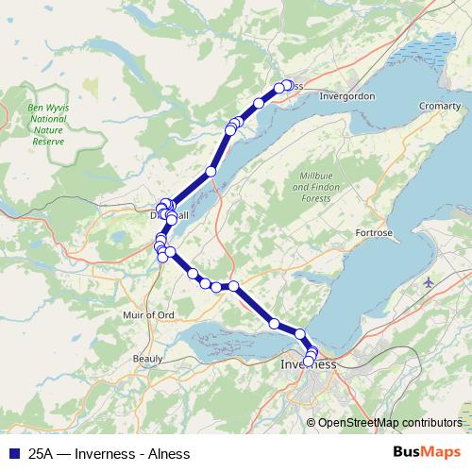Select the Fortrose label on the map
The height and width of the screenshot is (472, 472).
point(373,231)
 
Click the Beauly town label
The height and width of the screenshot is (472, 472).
point(147,358)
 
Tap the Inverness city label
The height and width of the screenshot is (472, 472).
point(309,364)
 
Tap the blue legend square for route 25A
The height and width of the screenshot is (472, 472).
point(12,453)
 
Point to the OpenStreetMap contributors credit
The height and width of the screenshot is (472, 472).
point(389,422)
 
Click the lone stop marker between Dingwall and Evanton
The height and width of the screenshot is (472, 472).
point(211,172)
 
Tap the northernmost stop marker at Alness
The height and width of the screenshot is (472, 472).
point(287,85)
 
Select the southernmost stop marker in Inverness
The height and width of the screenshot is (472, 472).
point(308,361)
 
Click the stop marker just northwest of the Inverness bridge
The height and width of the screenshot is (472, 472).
point(275,324)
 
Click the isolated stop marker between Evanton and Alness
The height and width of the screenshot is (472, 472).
point(259,103)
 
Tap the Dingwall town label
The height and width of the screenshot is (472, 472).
point(170,216)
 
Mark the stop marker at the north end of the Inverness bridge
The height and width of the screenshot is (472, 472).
point(300,333)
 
